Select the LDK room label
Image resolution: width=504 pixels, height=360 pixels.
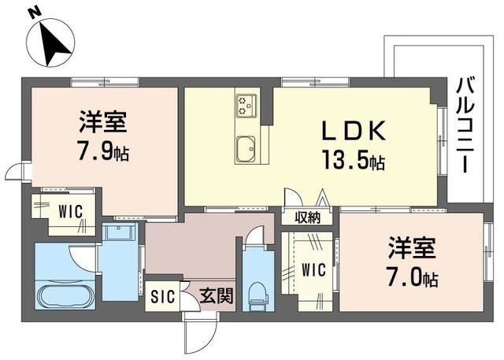pos(354,129)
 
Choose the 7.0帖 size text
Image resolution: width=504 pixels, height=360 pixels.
pos(411,277)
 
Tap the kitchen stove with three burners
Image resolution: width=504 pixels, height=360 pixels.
pos(246,104)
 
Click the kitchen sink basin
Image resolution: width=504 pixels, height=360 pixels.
pos(246,147)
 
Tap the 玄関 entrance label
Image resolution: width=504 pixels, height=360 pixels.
pos(214,297)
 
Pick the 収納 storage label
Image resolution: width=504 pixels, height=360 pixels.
pos(307,218)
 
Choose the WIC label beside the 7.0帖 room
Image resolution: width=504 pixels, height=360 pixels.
pos(313,269)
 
